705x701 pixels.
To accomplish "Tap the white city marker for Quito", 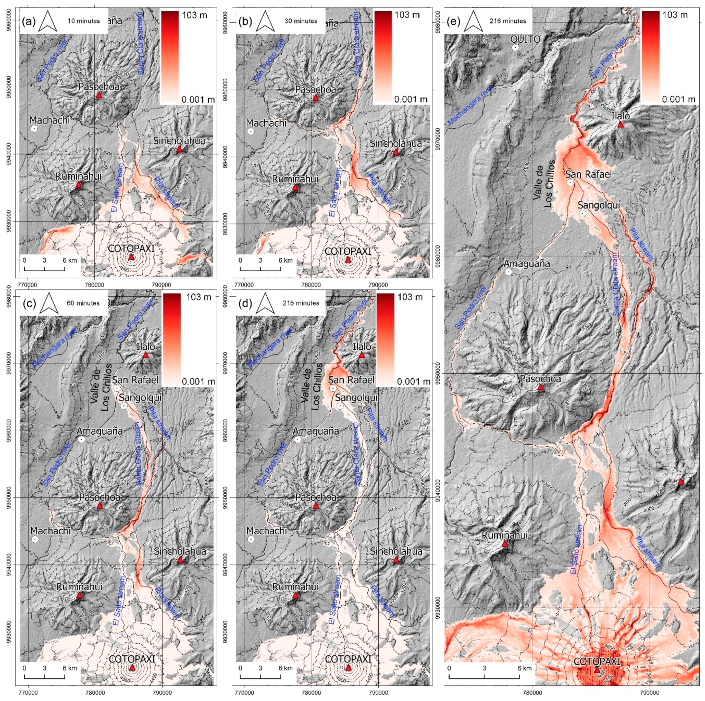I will click(515, 48).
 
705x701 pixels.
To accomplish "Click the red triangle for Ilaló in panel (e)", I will click(620, 125).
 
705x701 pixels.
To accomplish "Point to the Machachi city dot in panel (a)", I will click(34, 129).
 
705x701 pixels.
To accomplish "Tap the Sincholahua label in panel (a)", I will click(179, 141).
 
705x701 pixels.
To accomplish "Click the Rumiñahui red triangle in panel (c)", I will click(79, 596).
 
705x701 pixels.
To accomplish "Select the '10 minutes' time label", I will click(84, 21).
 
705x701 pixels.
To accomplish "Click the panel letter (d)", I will click(245, 303).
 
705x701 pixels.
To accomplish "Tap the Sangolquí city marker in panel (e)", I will click(583, 213).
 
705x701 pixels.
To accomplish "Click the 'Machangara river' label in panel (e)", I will click(470, 105).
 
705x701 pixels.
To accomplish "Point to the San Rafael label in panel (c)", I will click(135, 380).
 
